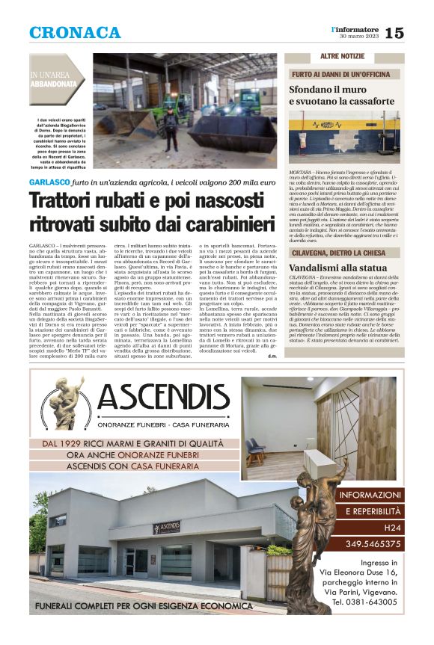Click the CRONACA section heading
[x=75, y=33]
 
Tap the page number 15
[x=394, y=33]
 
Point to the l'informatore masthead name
[x=356, y=28]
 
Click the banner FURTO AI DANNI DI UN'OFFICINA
[x=345, y=75]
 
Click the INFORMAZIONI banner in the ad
[x=371, y=496]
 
